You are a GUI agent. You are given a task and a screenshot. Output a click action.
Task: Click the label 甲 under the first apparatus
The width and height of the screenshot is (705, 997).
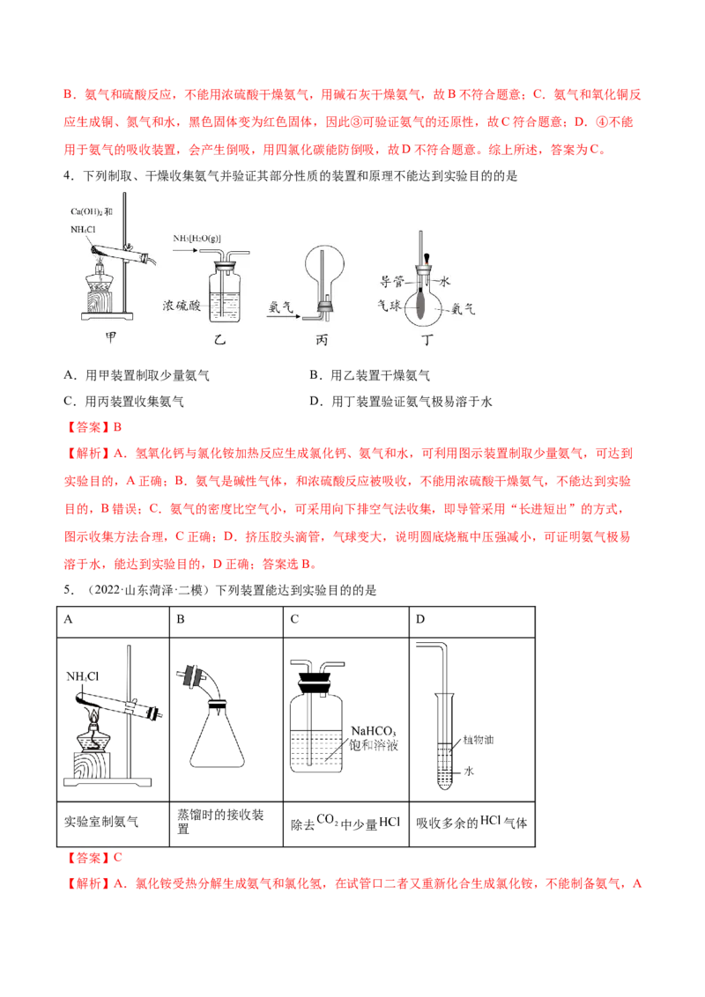point(111,337)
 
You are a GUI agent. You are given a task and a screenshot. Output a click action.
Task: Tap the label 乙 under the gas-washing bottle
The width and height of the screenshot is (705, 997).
point(219,340)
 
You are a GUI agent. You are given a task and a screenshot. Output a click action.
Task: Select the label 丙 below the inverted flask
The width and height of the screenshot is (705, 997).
point(322,340)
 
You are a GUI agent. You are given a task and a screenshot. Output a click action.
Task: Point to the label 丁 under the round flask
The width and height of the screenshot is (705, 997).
point(427,340)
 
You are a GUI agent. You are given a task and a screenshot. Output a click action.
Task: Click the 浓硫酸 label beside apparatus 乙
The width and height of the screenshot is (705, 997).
point(182,306)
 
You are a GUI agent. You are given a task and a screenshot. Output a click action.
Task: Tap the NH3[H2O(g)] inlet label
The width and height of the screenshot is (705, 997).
point(197,239)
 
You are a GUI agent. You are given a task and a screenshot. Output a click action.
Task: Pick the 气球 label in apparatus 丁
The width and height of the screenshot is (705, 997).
point(390,306)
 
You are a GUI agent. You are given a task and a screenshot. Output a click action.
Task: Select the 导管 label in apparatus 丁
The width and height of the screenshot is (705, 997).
point(392,281)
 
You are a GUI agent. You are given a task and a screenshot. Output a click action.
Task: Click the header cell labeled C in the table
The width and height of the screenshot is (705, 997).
point(346,621)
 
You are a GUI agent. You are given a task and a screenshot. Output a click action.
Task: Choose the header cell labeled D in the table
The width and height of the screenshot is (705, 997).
point(472,621)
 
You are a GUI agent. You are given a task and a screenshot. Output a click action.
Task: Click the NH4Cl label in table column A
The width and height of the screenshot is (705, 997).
point(83,676)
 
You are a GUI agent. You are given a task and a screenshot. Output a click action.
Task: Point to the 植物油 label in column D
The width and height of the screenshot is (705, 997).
point(479,740)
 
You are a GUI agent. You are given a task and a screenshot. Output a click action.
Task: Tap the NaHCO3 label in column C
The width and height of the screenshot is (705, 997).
point(374,731)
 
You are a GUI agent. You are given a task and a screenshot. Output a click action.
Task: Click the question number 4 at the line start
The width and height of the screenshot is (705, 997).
point(67,176)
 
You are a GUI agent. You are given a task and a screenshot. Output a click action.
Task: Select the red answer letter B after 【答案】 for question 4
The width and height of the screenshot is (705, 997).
point(117,427)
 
